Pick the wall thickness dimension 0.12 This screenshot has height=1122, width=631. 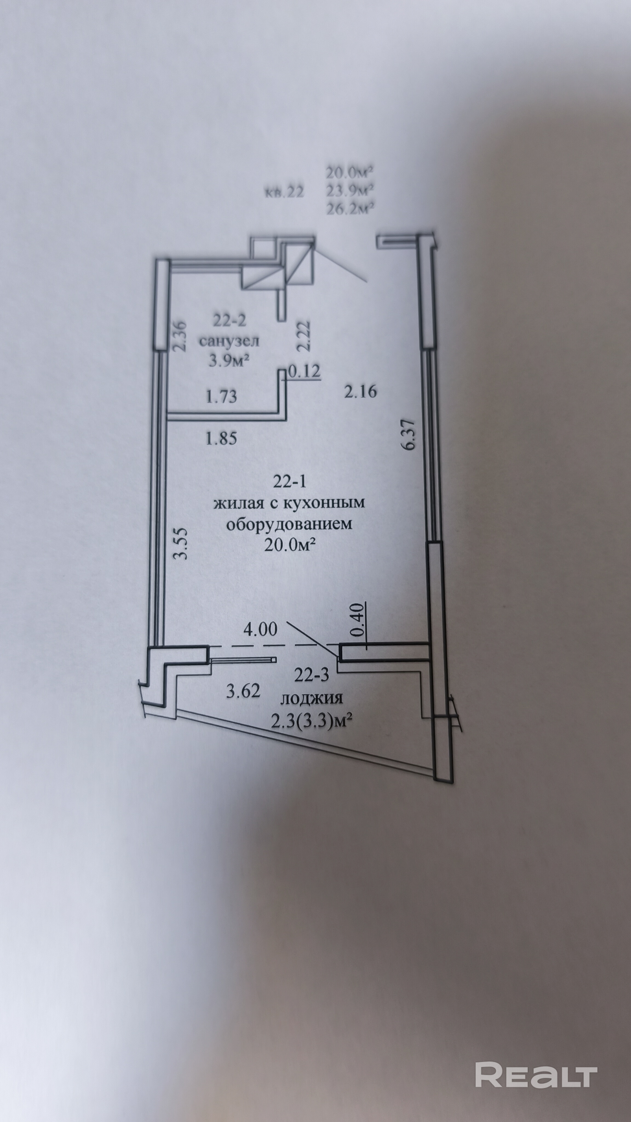[304, 371]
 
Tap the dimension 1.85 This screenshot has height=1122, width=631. [221, 438]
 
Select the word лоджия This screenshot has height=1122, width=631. [311, 699]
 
